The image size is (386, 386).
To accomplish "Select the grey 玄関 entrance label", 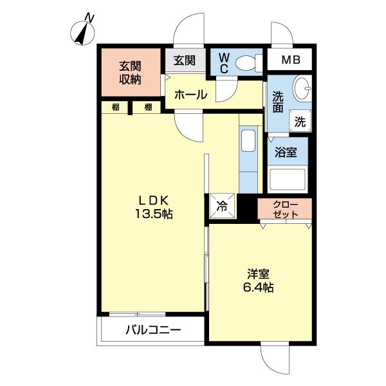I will [x=185, y=61].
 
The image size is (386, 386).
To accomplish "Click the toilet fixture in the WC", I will [x=246, y=63].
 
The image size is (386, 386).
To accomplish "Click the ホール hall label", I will [x=190, y=95].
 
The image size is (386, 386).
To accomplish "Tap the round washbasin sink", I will [x=301, y=89].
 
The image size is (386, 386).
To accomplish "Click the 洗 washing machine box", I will [x=300, y=120].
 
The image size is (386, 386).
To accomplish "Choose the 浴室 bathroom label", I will [x=286, y=154].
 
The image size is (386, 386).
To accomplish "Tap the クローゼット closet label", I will [x=285, y=209].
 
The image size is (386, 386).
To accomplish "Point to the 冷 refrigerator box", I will [x=221, y=207].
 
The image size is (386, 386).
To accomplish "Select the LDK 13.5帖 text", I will [x=152, y=205].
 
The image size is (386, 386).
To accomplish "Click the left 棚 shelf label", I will [x=115, y=107].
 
